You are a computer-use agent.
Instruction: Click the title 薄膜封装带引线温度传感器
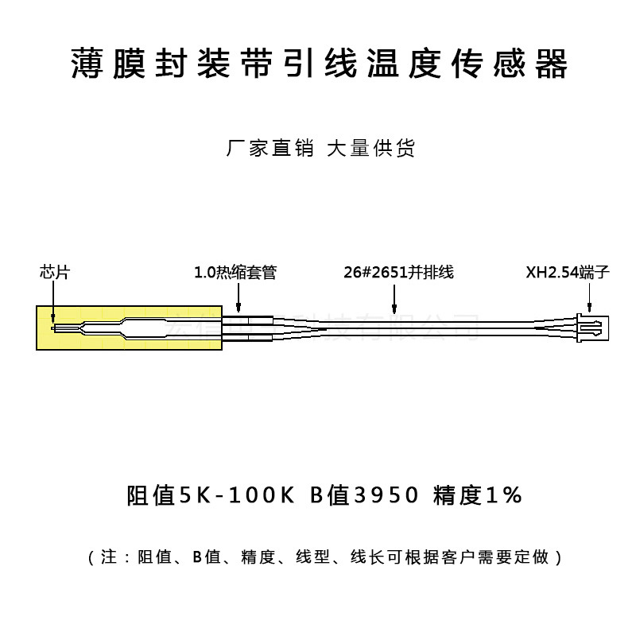click(x=318, y=64)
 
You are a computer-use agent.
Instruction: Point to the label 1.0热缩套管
click(x=235, y=272)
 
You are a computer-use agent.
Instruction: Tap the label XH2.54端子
click(x=567, y=272)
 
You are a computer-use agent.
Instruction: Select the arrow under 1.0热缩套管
click(x=237, y=298)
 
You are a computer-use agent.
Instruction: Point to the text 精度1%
click(x=477, y=495)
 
